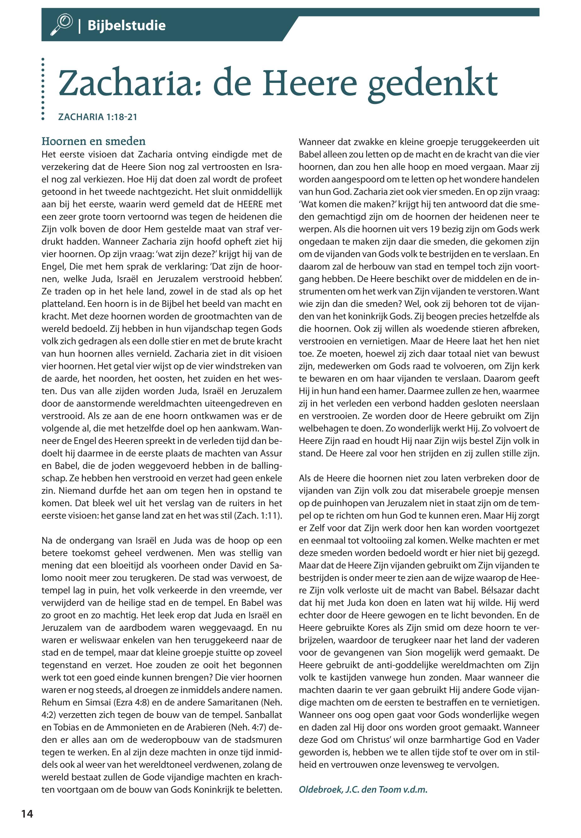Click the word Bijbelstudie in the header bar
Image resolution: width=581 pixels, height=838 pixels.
[x=126, y=26]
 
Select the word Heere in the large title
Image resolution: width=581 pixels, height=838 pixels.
[x=310, y=83]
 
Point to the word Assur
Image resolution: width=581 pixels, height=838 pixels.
[x=270, y=453]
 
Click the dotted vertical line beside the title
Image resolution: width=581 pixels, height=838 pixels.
[x=43, y=89]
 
